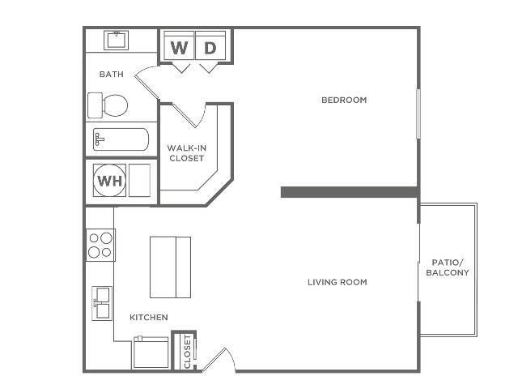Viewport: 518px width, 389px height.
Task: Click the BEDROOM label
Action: [344, 100]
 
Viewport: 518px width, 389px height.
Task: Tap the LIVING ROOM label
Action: [338, 282]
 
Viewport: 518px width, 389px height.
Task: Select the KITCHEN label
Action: [149, 317]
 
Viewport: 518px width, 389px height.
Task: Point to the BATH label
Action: [112, 74]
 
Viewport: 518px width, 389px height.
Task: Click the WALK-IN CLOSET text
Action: [187, 153]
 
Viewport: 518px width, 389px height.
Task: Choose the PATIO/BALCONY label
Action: [448, 267]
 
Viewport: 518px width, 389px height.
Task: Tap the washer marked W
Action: [179, 45]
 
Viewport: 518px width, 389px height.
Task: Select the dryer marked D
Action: [210, 45]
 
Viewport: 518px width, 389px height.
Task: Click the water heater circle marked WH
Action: [109, 181]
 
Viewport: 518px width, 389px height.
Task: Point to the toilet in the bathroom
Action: [108, 105]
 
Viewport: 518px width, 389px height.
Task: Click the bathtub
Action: [121, 139]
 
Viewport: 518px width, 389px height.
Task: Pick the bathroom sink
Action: [116, 40]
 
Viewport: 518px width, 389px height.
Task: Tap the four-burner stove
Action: [100, 245]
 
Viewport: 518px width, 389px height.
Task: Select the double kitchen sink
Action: [102, 303]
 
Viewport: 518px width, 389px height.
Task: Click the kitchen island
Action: [171, 267]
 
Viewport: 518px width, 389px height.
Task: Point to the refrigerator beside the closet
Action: [151, 352]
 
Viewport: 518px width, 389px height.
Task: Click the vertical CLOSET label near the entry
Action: [187, 352]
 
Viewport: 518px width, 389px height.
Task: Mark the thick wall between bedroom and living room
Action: [349, 192]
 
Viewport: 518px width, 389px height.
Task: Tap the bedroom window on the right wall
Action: [418, 113]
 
